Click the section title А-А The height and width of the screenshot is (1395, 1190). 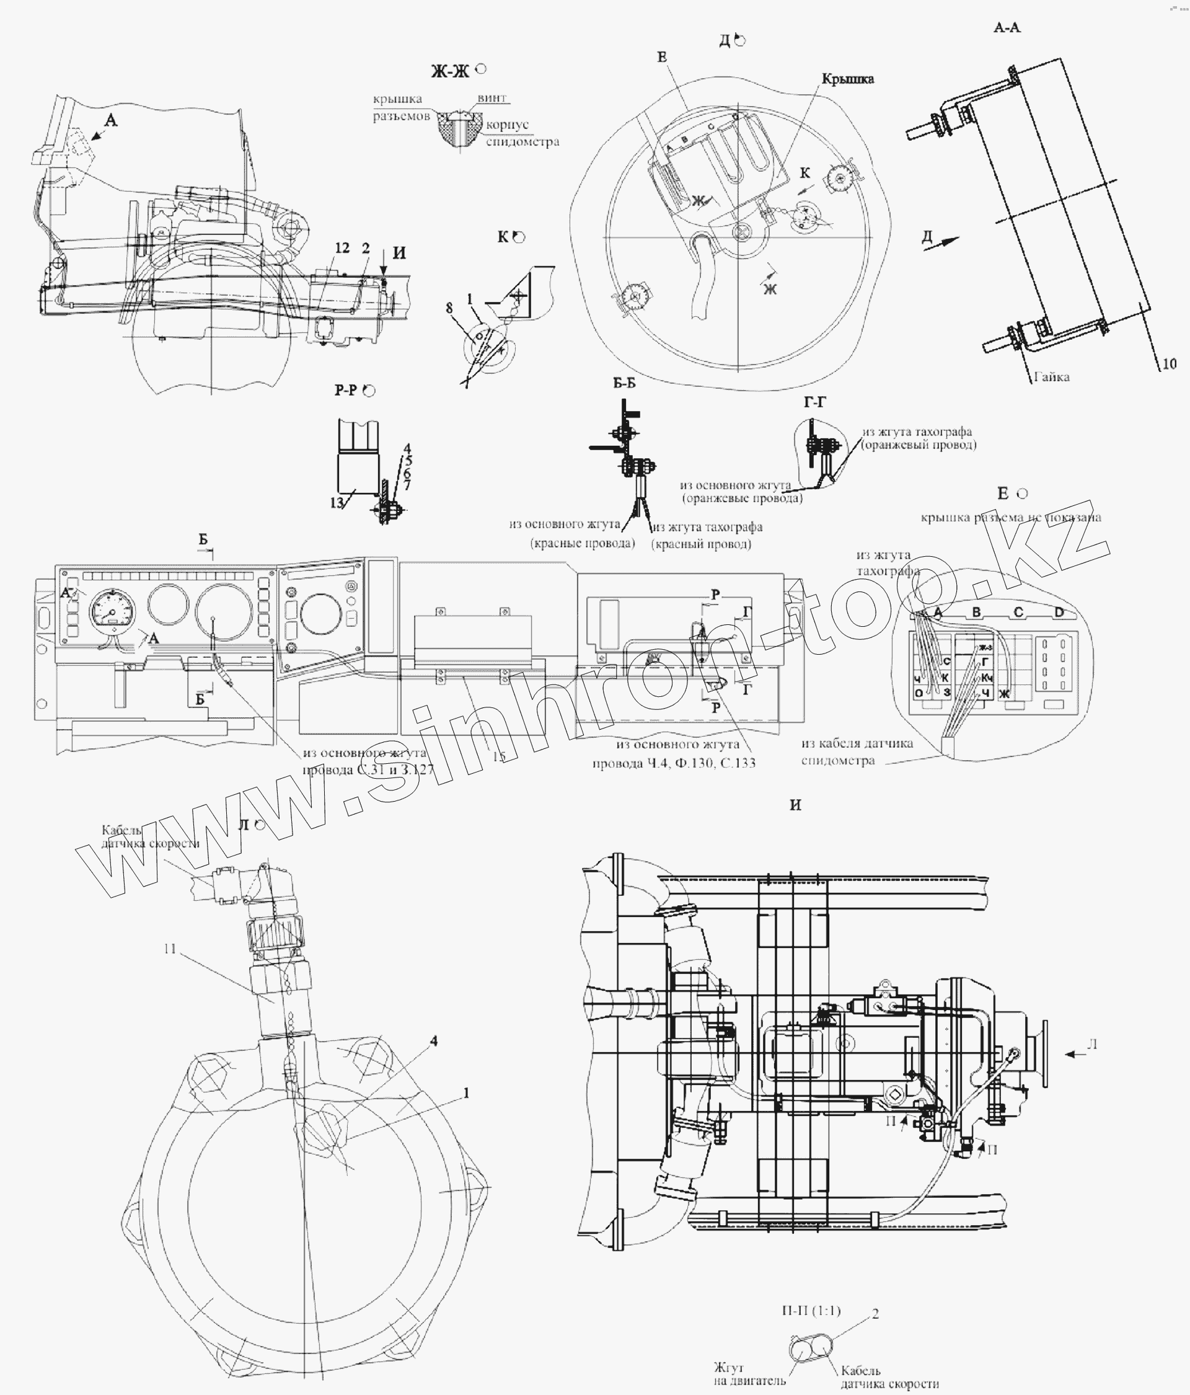(x=1007, y=28)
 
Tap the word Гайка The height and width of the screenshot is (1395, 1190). (x=1051, y=377)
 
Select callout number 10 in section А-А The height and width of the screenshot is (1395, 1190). (x=1169, y=364)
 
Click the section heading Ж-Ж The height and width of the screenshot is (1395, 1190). (x=451, y=72)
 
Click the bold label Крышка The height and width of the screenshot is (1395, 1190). (x=847, y=79)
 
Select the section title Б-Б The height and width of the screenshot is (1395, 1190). (x=624, y=384)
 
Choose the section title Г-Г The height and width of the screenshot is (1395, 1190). (x=814, y=402)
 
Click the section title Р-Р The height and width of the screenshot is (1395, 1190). (x=346, y=391)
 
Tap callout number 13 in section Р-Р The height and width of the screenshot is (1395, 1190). (x=337, y=503)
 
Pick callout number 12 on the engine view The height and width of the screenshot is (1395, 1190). (x=342, y=249)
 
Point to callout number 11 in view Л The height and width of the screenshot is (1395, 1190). (x=170, y=949)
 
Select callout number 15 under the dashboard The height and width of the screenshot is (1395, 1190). (x=499, y=757)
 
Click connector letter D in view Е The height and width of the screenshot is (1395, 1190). (x=1059, y=612)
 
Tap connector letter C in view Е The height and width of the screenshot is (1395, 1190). (x=1018, y=612)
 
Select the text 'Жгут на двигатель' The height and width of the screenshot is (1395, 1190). (x=749, y=1375)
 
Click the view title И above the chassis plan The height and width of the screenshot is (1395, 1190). (x=796, y=805)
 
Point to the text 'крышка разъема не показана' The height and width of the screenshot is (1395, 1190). (x=1011, y=517)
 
